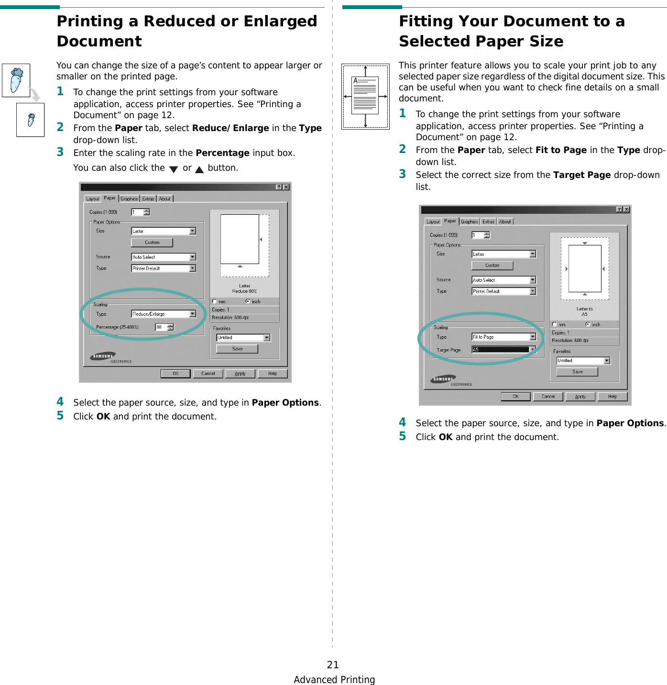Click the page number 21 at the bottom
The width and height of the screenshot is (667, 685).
pos(333,664)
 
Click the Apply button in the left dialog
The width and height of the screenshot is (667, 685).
pos(240,374)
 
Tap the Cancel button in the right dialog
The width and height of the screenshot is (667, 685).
pos(548,397)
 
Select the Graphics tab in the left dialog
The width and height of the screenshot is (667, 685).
pos(129,199)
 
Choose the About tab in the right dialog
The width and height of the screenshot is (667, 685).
pos(505,221)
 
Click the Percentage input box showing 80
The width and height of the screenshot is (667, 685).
pos(161,327)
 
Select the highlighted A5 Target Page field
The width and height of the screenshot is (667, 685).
pos(501,350)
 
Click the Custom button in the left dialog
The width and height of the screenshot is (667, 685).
pos(152,243)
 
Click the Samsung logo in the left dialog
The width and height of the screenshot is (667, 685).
pos(103,356)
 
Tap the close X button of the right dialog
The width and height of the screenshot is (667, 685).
pos(626,210)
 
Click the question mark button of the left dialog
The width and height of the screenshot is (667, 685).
pos(279,187)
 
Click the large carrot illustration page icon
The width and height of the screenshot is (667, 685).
pos(16,80)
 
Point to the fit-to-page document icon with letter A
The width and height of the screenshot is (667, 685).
pos(365,96)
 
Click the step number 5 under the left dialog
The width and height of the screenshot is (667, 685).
pos(60,416)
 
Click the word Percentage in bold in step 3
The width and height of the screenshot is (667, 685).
pos(222,153)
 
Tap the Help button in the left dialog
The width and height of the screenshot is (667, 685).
pos(273,374)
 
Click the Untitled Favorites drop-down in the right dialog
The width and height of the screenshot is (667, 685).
pos(583,361)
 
